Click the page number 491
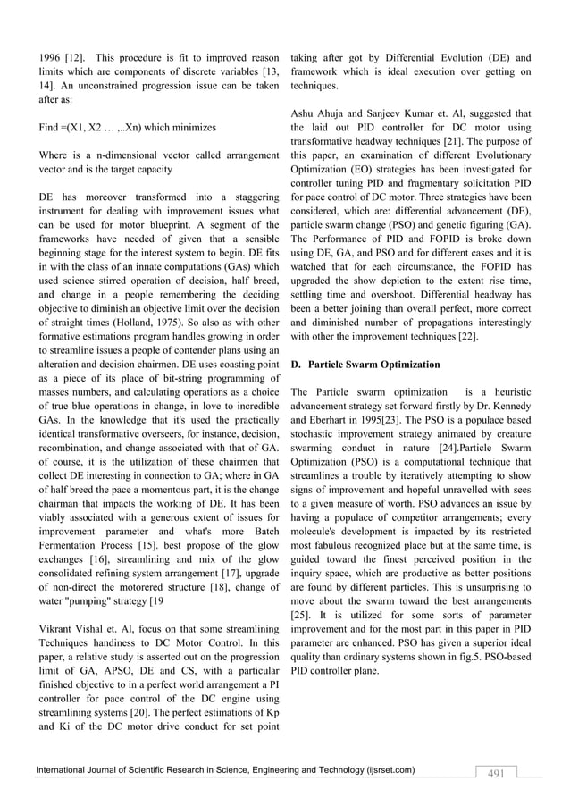click(494, 773)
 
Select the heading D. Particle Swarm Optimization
click(365, 365)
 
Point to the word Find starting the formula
click(51, 127)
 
